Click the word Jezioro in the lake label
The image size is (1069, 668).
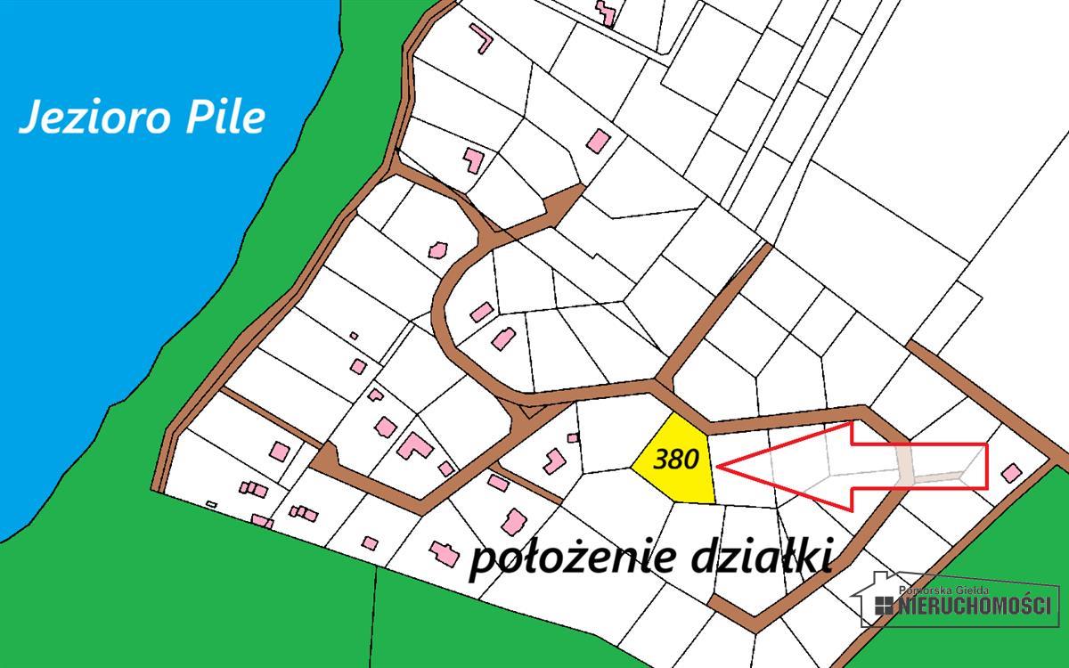(x=99, y=118)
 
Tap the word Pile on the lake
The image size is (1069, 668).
(x=227, y=118)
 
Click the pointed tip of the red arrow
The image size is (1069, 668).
(x=718, y=465)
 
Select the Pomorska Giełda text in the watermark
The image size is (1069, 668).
(x=944, y=591)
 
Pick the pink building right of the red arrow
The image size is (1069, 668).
(x=1011, y=472)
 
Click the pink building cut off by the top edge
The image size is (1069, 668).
(x=606, y=12)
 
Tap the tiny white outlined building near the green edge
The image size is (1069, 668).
(x=211, y=505)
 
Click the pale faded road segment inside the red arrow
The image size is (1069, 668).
(x=905, y=466)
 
